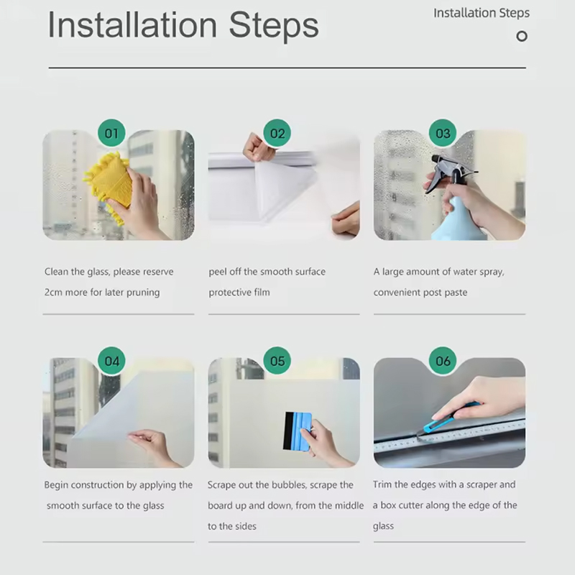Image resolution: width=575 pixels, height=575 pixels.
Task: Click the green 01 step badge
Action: [111, 133]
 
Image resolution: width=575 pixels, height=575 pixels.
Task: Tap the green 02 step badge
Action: [277, 133]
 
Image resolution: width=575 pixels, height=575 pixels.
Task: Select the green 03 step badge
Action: [443, 133]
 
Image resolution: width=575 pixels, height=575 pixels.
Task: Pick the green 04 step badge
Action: [111, 361]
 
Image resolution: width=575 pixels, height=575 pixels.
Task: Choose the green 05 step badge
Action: [277, 361]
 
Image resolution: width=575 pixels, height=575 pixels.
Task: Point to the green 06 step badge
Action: [443, 361]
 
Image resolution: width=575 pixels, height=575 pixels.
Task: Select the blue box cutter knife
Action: [447, 419]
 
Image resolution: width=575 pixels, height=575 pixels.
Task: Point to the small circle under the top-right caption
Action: [522, 37]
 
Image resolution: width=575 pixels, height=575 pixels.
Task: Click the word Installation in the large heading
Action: [132, 25]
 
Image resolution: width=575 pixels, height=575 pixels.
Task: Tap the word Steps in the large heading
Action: [274, 27]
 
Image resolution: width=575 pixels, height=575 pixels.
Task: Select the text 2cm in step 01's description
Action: [53, 293]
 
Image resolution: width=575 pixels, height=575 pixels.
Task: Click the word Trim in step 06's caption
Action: [382, 484]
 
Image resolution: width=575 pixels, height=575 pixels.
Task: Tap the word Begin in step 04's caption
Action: [56, 485]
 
